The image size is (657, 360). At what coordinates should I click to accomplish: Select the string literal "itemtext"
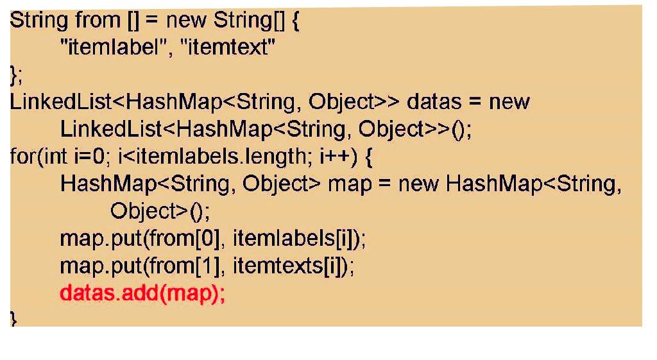pos(230,47)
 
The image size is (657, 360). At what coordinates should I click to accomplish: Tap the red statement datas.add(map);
pos(142,294)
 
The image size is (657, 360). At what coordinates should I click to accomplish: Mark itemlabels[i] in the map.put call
pos(296,239)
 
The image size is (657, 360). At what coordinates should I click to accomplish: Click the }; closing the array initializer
pos(16,75)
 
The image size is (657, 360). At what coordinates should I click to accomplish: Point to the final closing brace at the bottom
pos(13,319)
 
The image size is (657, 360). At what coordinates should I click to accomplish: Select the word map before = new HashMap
pos(349,184)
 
